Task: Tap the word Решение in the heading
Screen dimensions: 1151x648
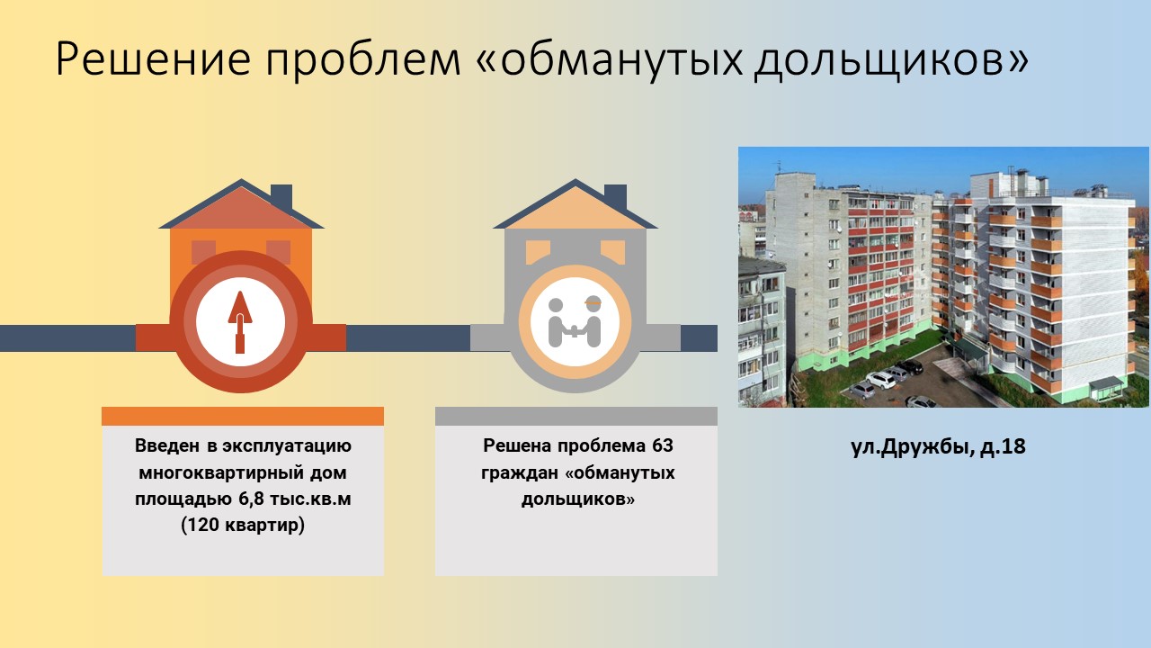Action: [154, 58]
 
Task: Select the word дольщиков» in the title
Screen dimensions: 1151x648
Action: [892, 60]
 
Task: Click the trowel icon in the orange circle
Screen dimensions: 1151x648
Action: [240, 322]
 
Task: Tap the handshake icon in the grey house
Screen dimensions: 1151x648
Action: [575, 322]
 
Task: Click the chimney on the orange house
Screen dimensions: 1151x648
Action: [281, 196]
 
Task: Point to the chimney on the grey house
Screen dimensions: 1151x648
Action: [615, 196]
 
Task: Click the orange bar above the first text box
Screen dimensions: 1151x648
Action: [243, 416]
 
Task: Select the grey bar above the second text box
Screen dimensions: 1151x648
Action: [576, 416]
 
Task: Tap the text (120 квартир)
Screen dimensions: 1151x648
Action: [243, 526]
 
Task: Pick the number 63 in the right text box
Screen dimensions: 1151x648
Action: [663, 445]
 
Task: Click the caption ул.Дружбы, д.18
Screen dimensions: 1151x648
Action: [938, 446]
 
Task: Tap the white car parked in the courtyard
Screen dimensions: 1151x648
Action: [880, 380]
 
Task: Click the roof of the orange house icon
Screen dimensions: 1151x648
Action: [241, 206]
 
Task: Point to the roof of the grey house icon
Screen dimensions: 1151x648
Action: [575, 206]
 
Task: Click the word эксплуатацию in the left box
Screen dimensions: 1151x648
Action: [287, 445]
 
